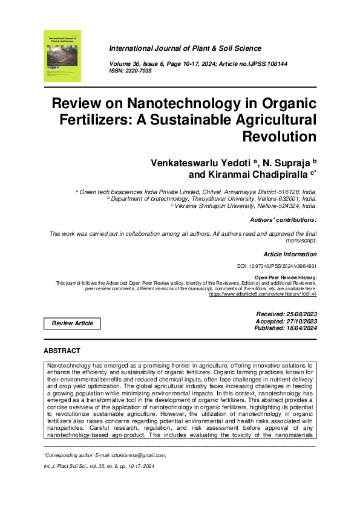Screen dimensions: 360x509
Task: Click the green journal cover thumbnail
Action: (x=62, y=57)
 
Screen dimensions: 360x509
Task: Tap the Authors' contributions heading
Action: (x=283, y=220)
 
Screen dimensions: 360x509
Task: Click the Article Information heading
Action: (x=290, y=254)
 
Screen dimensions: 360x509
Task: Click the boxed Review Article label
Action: (x=73, y=323)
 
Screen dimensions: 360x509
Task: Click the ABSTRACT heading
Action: (x=62, y=351)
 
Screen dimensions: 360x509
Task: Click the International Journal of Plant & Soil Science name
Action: (x=185, y=48)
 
